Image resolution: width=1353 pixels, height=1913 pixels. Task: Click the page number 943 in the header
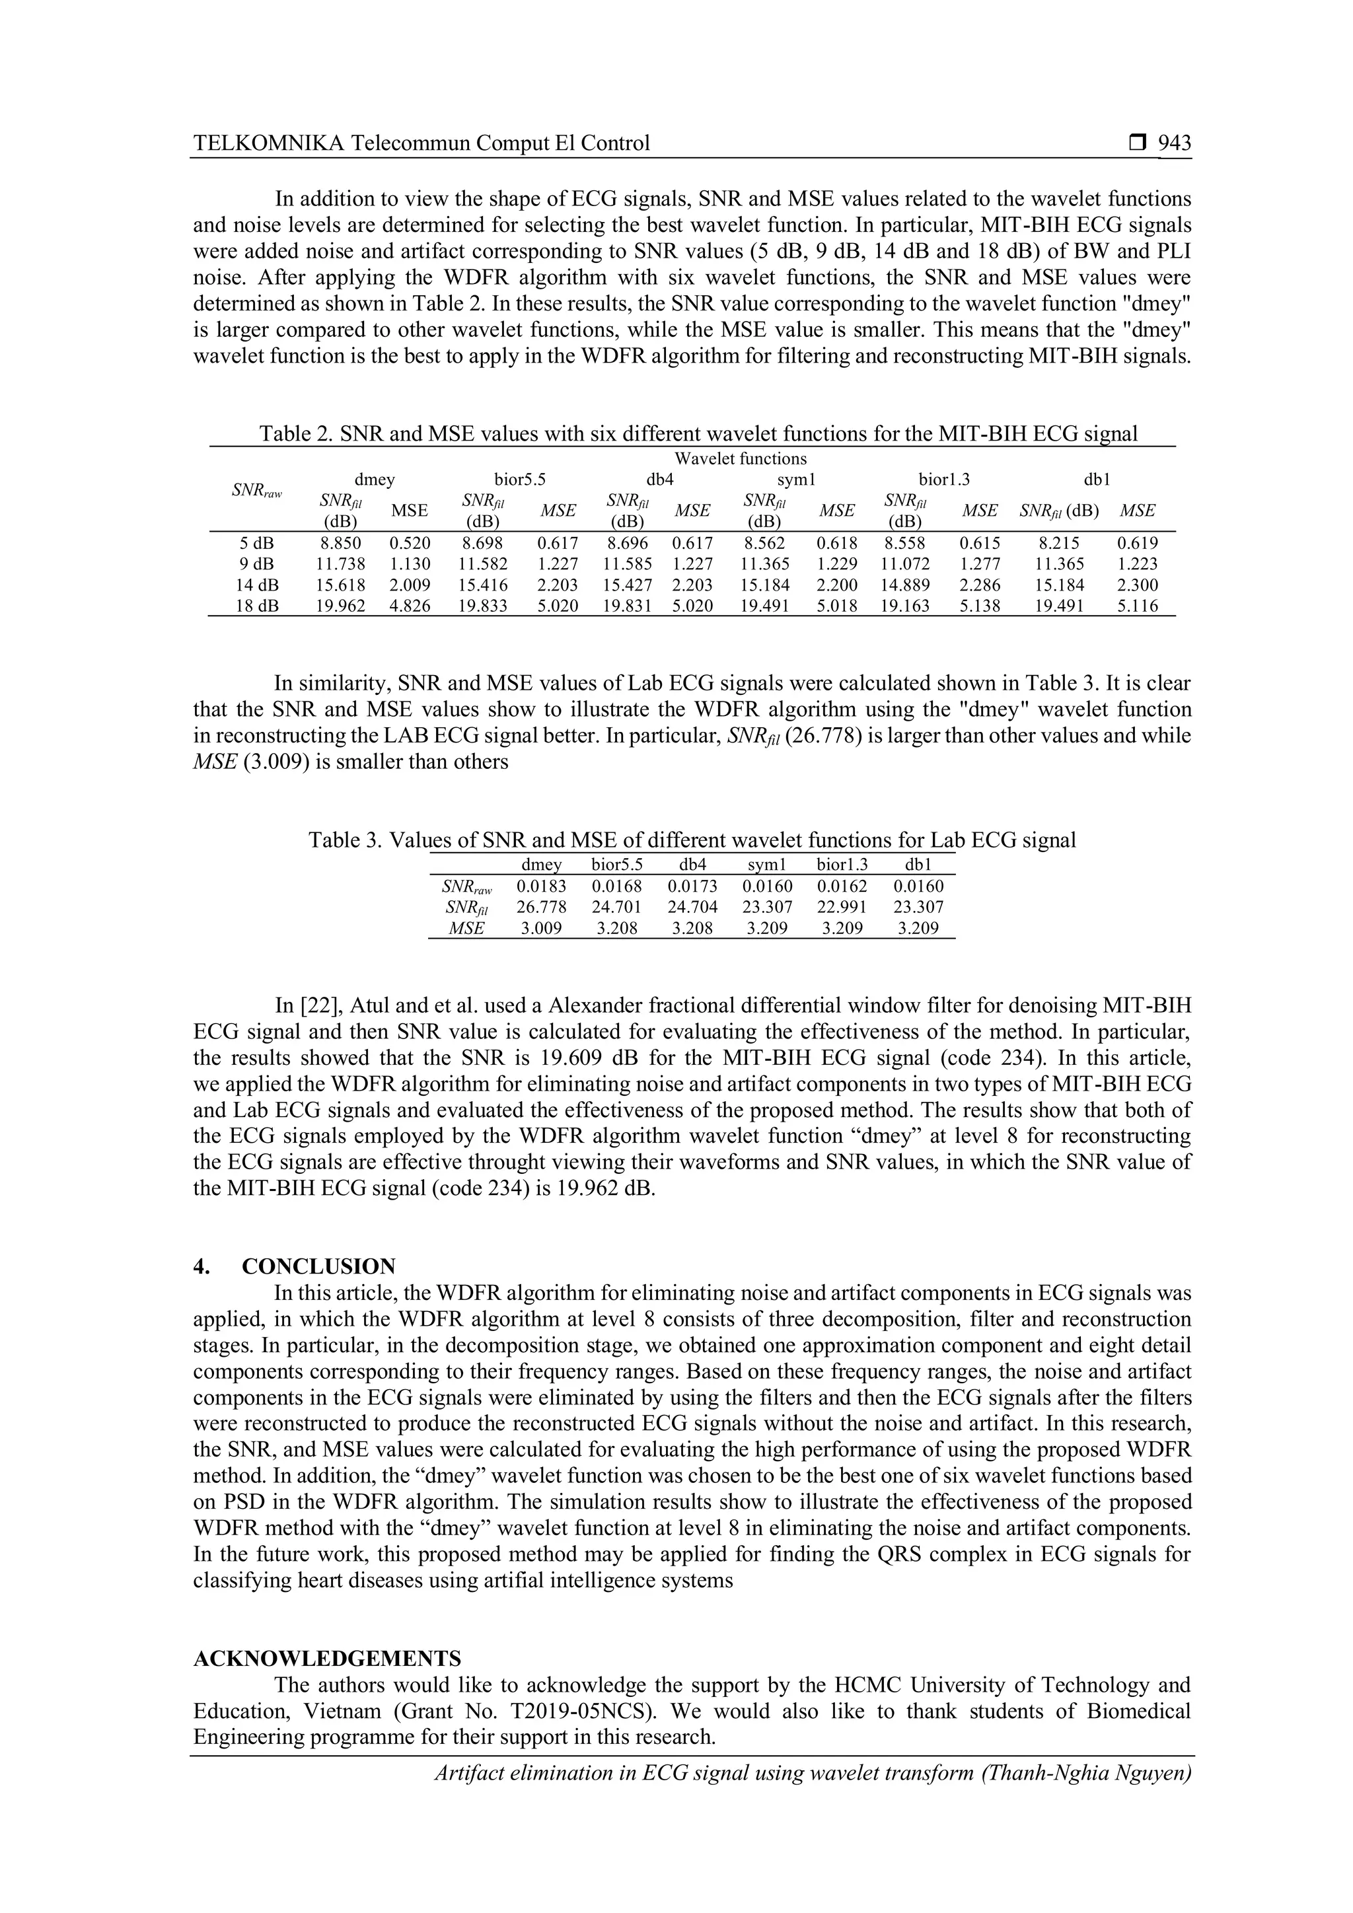tap(1175, 143)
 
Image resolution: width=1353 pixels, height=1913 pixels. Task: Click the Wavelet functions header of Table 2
tap(740, 458)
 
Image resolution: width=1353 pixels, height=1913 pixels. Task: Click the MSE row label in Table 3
tap(466, 928)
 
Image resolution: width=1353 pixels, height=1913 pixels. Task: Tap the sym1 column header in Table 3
tap(766, 865)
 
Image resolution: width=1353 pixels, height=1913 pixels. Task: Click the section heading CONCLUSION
tap(318, 1266)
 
